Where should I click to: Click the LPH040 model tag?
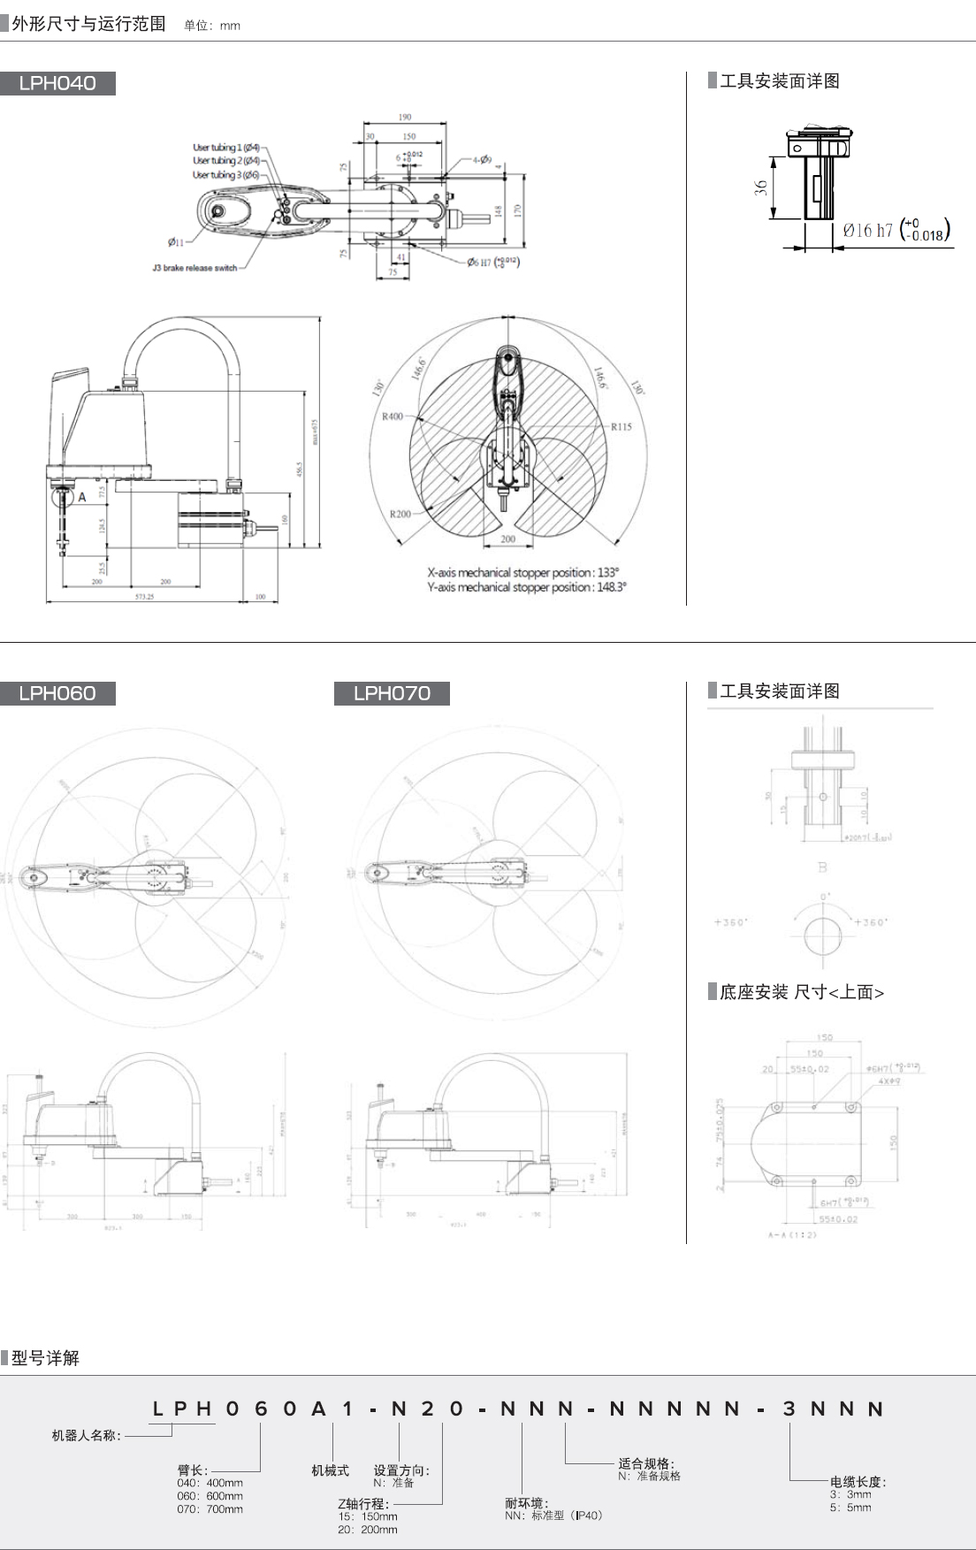57,83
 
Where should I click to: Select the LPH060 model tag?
57,693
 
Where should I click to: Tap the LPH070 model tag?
392,693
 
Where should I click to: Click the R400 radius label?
392,416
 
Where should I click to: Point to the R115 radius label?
621,427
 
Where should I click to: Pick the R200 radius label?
400,514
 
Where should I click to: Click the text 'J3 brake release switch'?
194,268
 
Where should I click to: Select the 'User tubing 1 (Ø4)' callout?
226,148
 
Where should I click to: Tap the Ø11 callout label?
176,241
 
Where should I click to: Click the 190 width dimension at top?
405,117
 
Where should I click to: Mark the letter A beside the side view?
82,497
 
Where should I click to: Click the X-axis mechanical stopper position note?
523,572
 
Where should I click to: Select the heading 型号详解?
45,1358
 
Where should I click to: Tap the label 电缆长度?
858,1482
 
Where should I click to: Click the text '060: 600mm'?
210,1496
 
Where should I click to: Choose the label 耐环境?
526,1503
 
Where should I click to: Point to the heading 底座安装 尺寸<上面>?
801,992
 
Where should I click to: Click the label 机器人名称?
86,1435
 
